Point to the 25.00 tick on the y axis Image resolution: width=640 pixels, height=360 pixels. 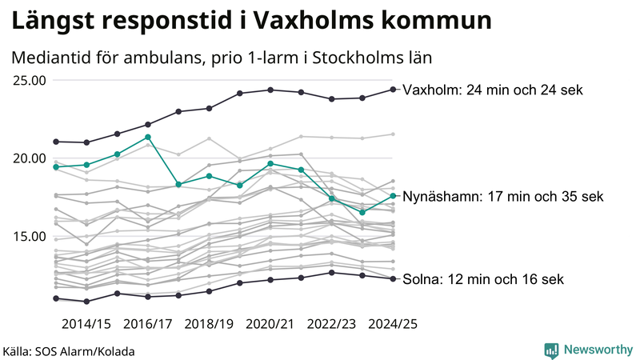click(x=29, y=80)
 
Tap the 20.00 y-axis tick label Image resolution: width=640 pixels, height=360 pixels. click(x=29, y=158)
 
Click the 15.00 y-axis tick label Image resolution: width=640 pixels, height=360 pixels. click(x=29, y=236)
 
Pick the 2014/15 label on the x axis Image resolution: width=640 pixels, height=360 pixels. click(x=86, y=324)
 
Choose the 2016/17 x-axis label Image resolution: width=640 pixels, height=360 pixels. click(x=148, y=324)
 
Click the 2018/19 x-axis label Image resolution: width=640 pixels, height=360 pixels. click(x=210, y=324)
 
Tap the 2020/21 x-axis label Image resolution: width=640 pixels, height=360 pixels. click(x=270, y=324)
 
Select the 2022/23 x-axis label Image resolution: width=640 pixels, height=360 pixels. click(x=331, y=324)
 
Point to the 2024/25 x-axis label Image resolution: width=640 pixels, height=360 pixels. click(x=392, y=324)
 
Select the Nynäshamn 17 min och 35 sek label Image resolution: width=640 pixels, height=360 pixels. click(x=502, y=196)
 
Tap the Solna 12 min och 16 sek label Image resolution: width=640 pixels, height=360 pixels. click(x=483, y=279)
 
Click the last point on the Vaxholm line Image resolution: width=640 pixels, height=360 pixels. click(x=393, y=89)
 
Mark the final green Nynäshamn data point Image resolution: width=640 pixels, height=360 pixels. click(x=393, y=195)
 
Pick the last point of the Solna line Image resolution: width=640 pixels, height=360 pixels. click(x=393, y=278)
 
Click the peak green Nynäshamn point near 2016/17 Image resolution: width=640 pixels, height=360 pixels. click(x=148, y=137)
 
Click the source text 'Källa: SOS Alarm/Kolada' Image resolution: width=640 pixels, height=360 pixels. click(x=69, y=351)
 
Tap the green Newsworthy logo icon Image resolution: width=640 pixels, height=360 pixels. click(x=551, y=350)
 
